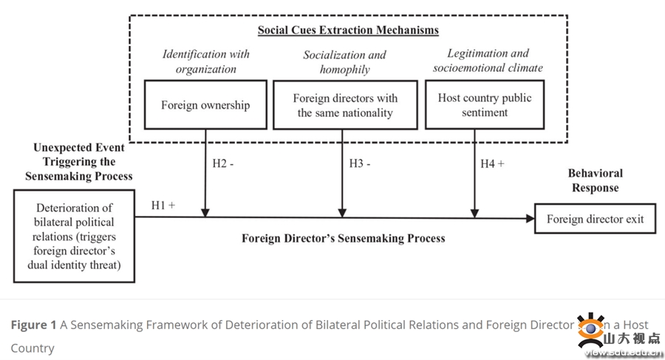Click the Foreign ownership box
[205, 105]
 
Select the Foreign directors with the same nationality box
[344, 105]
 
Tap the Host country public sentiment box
[484, 105]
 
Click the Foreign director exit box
[595, 219]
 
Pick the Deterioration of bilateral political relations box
[74, 236]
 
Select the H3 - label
[361, 163]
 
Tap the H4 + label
[492, 163]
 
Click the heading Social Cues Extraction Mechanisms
[348, 30]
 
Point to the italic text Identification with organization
[206, 61]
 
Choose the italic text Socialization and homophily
[344, 62]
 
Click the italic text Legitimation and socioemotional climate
[488, 60]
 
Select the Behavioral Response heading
[595, 180]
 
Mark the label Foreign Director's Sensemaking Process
[344, 238]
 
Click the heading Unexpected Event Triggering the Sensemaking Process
[79, 162]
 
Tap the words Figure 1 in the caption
[33, 325]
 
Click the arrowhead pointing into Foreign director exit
[529, 218]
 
